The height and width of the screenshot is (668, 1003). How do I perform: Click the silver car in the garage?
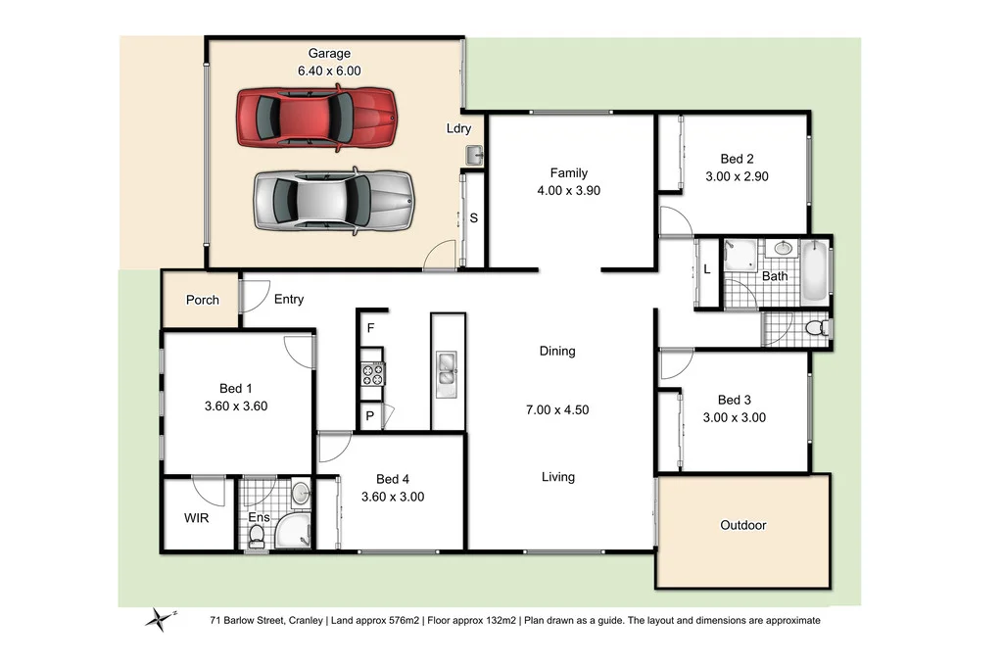[x=334, y=200]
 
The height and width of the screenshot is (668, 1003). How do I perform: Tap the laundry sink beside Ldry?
[x=475, y=156]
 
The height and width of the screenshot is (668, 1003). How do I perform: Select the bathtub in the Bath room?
[x=815, y=270]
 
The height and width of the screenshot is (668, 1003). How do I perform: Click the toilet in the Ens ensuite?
[x=257, y=535]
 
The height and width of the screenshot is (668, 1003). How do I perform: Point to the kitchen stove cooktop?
[x=373, y=372]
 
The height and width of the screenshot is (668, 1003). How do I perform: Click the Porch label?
[x=203, y=300]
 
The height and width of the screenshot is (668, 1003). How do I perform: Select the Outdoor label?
[x=742, y=525]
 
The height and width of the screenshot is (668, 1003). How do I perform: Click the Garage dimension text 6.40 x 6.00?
[x=329, y=71]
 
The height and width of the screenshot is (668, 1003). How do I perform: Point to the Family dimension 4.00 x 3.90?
[x=568, y=190]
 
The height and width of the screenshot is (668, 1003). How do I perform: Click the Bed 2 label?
[x=737, y=159]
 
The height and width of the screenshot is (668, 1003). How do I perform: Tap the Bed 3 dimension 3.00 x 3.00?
[x=735, y=417]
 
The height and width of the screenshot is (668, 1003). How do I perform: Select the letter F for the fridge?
[x=370, y=328]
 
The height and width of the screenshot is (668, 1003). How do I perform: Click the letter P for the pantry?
[x=370, y=416]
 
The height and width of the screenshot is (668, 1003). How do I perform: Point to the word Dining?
[x=557, y=351]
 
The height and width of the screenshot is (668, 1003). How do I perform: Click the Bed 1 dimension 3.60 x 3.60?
[x=236, y=406]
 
